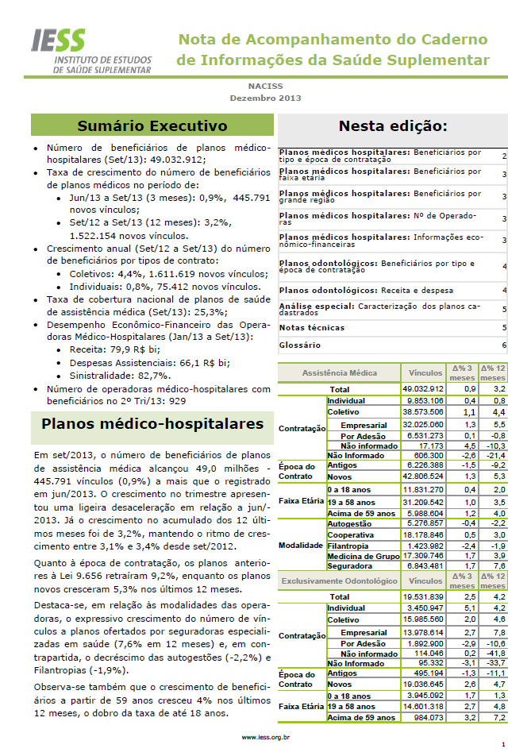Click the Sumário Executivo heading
152,125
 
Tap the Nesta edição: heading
392,125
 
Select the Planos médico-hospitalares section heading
152,424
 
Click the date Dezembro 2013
265,98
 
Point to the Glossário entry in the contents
300,345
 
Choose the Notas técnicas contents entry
312,327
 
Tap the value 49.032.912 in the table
422,390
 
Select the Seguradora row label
349,565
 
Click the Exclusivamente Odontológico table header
340,581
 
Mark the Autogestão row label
350,525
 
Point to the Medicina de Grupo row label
362,556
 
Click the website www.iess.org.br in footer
265,737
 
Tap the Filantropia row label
348,546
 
